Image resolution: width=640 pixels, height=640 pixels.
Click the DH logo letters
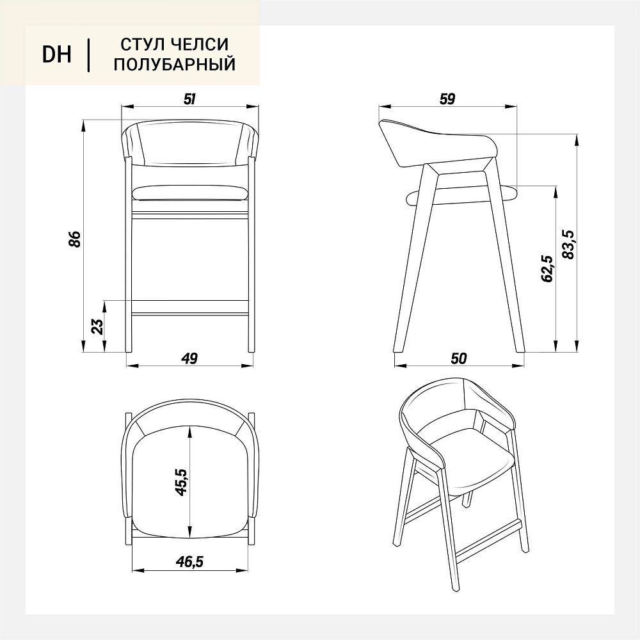(x=57, y=54)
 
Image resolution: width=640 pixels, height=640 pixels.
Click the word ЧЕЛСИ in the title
(x=200, y=45)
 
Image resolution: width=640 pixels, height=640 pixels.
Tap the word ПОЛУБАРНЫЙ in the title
(x=175, y=65)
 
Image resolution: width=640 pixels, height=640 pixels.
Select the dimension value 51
(x=190, y=99)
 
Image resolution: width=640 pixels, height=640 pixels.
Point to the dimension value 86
(x=75, y=239)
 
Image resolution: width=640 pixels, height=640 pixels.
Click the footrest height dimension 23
(x=98, y=326)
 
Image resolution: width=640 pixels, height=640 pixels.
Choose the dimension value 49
(x=190, y=358)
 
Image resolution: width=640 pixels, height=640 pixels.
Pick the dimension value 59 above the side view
(x=447, y=99)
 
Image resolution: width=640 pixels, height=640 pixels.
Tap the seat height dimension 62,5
(x=547, y=269)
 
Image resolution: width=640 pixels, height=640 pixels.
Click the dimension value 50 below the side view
(x=459, y=358)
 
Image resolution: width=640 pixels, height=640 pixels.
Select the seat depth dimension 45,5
(x=181, y=482)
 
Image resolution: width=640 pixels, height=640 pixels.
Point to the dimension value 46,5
(x=189, y=562)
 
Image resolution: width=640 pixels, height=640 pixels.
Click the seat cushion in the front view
(x=190, y=193)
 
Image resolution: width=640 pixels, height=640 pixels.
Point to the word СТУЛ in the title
(x=141, y=45)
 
